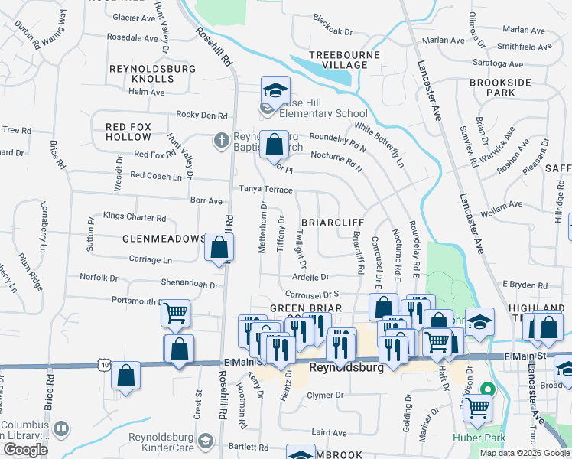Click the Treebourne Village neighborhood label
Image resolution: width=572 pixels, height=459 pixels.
[340, 60]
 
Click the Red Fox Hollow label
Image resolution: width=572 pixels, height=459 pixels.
[128, 132]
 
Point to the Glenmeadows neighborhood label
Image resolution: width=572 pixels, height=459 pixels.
[164, 239]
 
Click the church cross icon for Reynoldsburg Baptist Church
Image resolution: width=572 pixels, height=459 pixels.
[221, 140]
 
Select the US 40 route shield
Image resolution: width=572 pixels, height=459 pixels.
[103, 366]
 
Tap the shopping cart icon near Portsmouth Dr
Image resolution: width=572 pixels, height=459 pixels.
[176, 312]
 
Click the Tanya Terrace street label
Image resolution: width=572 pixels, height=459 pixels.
[265, 189]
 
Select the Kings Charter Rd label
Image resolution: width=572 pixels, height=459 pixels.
[134, 217]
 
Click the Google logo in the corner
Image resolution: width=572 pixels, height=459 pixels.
[26, 450]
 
